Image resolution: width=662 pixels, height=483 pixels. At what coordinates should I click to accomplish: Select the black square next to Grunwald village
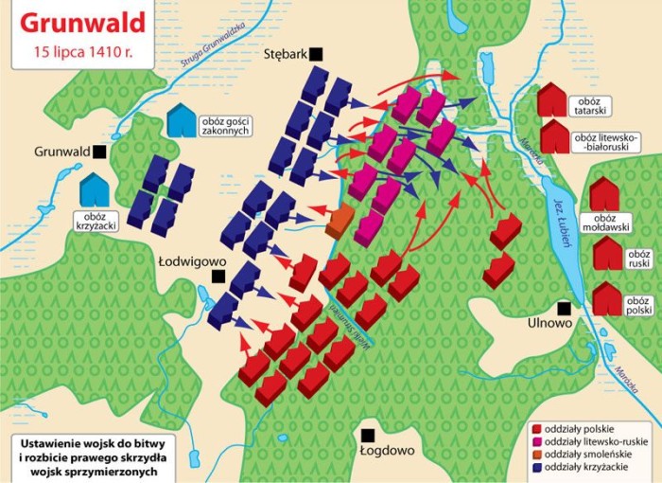[x=99, y=151]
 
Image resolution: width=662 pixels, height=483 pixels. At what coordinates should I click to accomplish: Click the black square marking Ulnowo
[x=565, y=307]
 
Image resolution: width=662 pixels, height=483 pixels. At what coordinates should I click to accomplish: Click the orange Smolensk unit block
[x=339, y=222]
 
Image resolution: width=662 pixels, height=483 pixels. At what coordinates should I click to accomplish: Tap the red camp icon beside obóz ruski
[x=607, y=255]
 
